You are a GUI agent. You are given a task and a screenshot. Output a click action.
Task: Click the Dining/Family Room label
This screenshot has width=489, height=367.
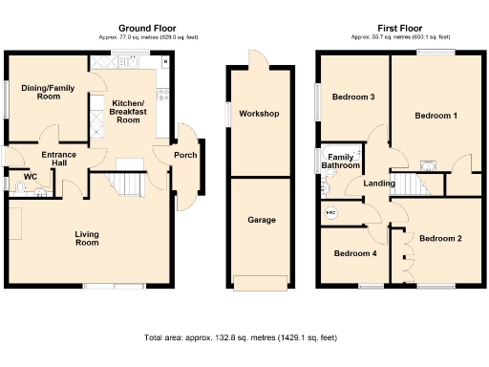pyautogui.click(x=43, y=91)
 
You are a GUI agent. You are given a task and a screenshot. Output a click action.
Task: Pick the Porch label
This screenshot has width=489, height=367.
pyautogui.click(x=184, y=156)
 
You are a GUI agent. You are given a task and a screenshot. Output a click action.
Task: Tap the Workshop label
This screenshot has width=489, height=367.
pyautogui.click(x=258, y=114)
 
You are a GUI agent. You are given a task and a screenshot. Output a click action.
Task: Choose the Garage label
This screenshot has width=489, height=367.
pyautogui.click(x=262, y=220)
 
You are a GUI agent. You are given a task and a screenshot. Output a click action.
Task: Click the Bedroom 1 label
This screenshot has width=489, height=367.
pyautogui.click(x=436, y=116)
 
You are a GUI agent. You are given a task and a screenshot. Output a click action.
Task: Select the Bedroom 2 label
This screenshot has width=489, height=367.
pyautogui.click(x=440, y=238)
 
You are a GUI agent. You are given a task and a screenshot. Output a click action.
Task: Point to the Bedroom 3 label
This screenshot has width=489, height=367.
pyautogui.click(x=352, y=97)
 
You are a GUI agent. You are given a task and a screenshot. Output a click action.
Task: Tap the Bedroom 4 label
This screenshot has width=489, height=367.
pyautogui.click(x=353, y=253)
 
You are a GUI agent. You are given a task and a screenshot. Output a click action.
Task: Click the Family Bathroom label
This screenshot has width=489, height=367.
pyautogui.click(x=343, y=162)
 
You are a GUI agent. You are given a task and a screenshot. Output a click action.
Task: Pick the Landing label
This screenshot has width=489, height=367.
pyautogui.click(x=379, y=183)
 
